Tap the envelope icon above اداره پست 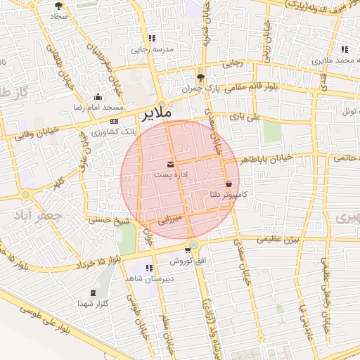pyautogui.click(x=169, y=165)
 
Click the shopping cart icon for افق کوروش pyautogui.click(x=188, y=250)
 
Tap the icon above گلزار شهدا pyautogui.click(x=94, y=292)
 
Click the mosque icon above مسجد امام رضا pyautogui.click(x=97, y=97)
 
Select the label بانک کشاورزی pyautogui.click(x=114, y=131)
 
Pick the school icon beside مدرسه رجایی pyautogui.click(x=151, y=39)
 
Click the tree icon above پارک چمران pyautogui.click(x=201, y=78)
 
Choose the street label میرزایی pyautogui.click(x=169, y=219)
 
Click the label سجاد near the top pyautogui.click(x=57, y=15)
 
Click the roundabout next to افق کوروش pyautogui.click(x=193, y=244)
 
